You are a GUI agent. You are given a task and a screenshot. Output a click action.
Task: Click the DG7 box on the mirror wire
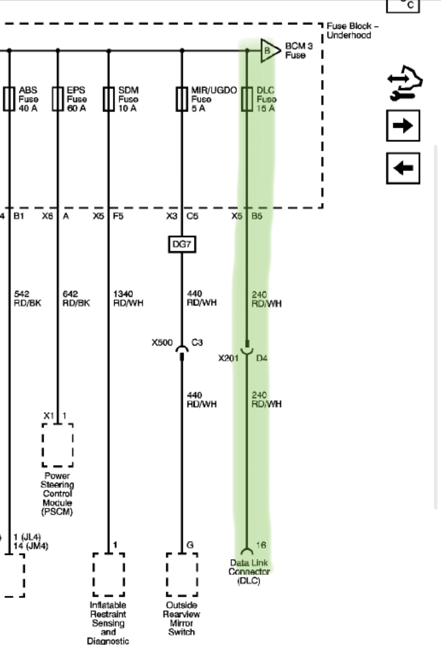tap(182, 244)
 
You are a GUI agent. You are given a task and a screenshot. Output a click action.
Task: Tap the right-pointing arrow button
tap(403, 125)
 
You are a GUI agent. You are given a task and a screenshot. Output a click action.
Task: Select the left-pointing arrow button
tap(403, 168)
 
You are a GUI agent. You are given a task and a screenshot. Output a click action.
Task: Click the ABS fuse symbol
tap(9, 99)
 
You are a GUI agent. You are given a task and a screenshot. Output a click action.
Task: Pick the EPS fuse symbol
tap(58, 99)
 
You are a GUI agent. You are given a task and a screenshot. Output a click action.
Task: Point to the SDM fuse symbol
tap(109, 99)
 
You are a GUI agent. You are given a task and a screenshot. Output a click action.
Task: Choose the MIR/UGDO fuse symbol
tap(182, 99)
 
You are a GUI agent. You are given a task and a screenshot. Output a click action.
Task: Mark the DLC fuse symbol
tap(247, 99)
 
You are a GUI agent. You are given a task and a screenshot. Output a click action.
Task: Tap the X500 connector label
tap(162, 343)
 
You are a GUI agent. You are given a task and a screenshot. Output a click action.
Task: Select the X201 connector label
tap(228, 358)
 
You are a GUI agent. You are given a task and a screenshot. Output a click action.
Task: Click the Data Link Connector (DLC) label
tap(249, 572)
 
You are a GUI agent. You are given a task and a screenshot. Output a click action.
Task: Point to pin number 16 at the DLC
tap(261, 545)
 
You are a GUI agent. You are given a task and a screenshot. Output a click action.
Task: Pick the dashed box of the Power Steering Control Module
tap(58, 445)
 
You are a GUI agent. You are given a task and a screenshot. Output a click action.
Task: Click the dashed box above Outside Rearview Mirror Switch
tap(182, 574)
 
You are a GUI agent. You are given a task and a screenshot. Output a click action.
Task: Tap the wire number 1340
tap(123, 294)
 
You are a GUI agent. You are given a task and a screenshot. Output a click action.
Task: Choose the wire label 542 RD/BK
tap(28, 298)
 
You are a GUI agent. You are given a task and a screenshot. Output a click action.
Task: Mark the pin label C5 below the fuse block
tap(192, 216)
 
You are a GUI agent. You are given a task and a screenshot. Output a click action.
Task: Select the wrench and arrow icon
tap(405, 83)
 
